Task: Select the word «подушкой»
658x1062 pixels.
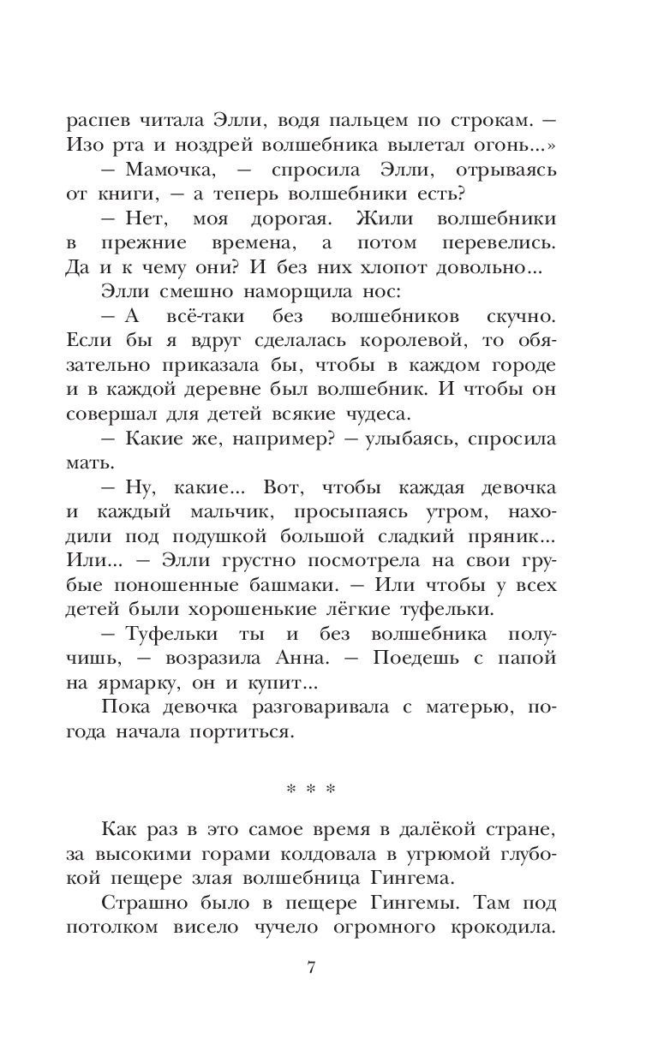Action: (x=220, y=537)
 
